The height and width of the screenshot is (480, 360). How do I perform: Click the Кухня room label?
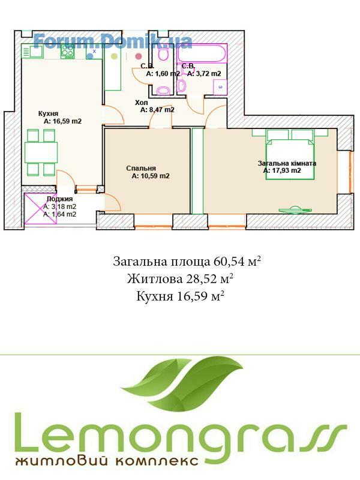pyautogui.click(x=48, y=113)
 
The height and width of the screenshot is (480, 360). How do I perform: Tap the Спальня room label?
pyautogui.click(x=141, y=168)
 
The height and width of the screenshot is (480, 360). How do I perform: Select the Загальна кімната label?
pyautogui.click(x=287, y=163)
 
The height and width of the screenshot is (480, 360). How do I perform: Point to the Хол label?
pyautogui.click(x=142, y=103)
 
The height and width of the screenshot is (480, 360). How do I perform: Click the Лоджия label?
pyautogui.click(x=59, y=199)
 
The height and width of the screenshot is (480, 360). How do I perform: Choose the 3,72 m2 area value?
pyautogui.click(x=208, y=74)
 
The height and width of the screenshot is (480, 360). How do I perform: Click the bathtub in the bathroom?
pyautogui.click(x=203, y=53)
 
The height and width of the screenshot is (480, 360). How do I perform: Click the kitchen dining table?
pyautogui.click(x=41, y=152)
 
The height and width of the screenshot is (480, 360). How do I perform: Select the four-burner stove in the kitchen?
pyautogui.click(x=68, y=52)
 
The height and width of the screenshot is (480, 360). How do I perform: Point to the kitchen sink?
pyautogui.click(x=32, y=51)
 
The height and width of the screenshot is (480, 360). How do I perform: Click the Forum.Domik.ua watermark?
pyautogui.click(x=113, y=41)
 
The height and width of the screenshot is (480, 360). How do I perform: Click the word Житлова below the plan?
pyautogui.click(x=154, y=278)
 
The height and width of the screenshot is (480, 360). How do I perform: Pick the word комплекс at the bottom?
pyautogui.click(x=156, y=461)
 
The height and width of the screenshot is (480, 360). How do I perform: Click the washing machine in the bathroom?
pyautogui.click(x=220, y=87)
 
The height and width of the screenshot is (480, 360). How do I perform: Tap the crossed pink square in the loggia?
pyautogui.click(x=41, y=209)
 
